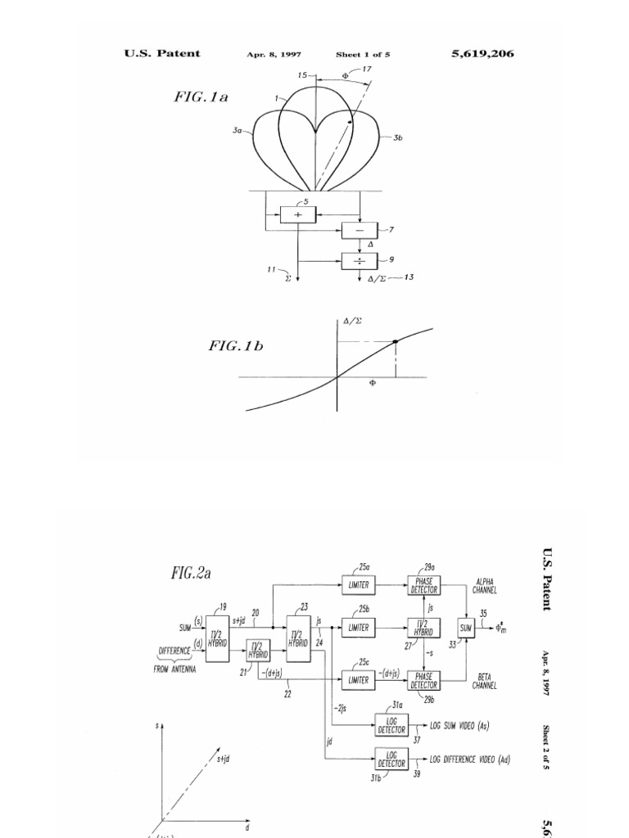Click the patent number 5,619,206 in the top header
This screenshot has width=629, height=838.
482,54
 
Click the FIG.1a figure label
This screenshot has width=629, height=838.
200,97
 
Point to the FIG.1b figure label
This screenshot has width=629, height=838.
236,346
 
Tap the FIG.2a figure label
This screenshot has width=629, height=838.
190,574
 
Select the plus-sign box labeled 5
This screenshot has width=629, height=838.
296,214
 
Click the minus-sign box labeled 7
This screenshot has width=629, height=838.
359,232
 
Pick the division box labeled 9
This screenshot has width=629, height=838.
359,261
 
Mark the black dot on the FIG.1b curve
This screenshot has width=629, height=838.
396,341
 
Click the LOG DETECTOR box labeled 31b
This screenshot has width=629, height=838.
391,759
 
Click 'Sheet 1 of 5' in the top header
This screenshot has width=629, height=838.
363,55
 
